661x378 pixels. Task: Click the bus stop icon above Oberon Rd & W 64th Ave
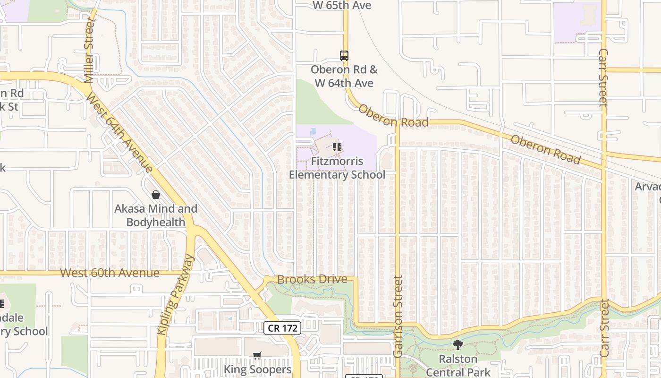pyautogui.click(x=344, y=56)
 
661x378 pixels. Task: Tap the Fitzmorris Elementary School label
pyautogui.click(x=337, y=168)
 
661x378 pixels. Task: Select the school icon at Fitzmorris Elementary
pyautogui.click(x=337, y=147)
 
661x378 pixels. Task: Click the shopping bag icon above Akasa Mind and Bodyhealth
pyautogui.click(x=155, y=195)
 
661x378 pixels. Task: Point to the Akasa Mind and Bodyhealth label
pyautogui.click(x=156, y=215)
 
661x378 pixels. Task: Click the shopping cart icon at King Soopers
pyautogui.click(x=257, y=355)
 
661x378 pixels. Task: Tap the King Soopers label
pyautogui.click(x=258, y=369)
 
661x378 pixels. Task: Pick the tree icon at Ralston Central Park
pyautogui.click(x=458, y=345)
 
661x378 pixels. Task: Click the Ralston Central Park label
pyautogui.click(x=458, y=365)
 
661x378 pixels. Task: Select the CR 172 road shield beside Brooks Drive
pyautogui.click(x=282, y=327)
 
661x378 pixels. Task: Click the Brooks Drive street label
pyautogui.click(x=312, y=279)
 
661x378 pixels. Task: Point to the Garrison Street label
pyautogui.click(x=398, y=317)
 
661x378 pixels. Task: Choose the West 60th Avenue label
pyautogui.click(x=110, y=273)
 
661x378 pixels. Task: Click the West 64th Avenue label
pyautogui.click(x=120, y=134)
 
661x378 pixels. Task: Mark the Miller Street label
pyautogui.click(x=90, y=51)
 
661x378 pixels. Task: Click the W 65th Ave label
pyautogui.click(x=342, y=5)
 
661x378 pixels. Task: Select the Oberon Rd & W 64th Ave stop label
pyautogui.click(x=344, y=76)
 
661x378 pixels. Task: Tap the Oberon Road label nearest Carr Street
pyautogui.click(x=545, y=150)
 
